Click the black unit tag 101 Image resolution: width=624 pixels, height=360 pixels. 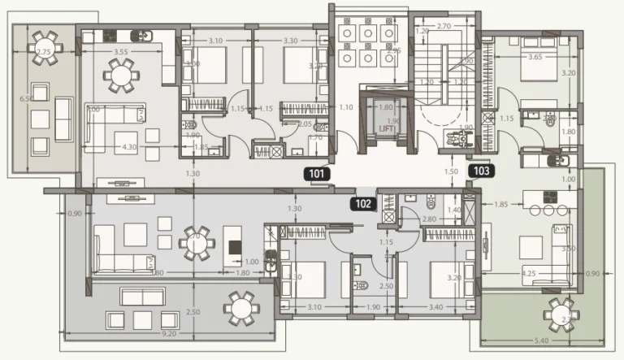click(x=315, y=172)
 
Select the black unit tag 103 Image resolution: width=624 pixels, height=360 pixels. click(x=480, y=171)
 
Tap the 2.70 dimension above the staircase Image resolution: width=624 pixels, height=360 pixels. click(x=444, y=27)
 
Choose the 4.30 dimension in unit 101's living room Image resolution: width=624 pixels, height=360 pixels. click(x=128, y=147)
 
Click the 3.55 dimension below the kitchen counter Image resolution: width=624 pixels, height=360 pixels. click(x=120, y=52)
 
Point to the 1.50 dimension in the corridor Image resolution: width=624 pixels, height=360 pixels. click(x=451, y=172)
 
